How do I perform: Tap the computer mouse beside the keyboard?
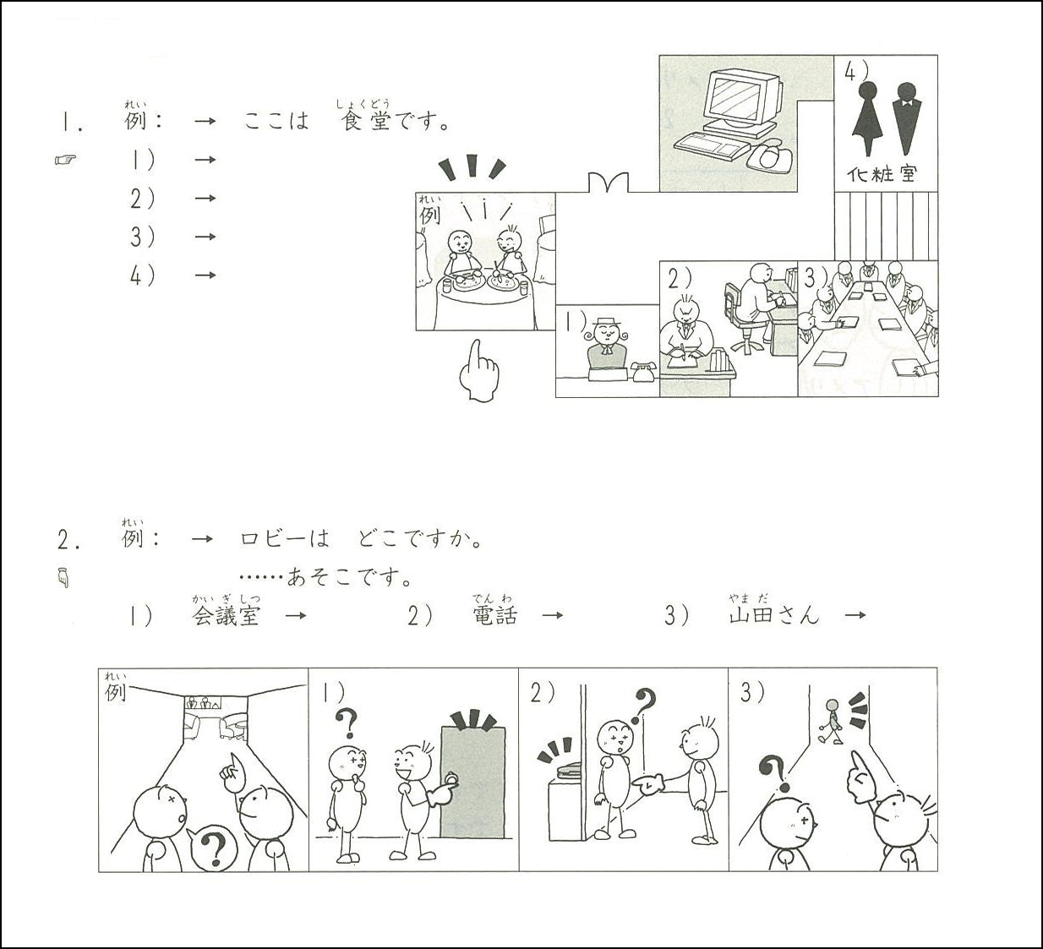click(769, 155)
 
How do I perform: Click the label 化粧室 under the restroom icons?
click(882, 174)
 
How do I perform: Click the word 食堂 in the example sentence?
click(366, 121)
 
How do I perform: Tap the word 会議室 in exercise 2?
click(226, 616)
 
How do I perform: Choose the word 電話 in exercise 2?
click(495, 616)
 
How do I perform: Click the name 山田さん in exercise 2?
click(774, 616)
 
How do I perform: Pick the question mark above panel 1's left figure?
click(347, 723)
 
